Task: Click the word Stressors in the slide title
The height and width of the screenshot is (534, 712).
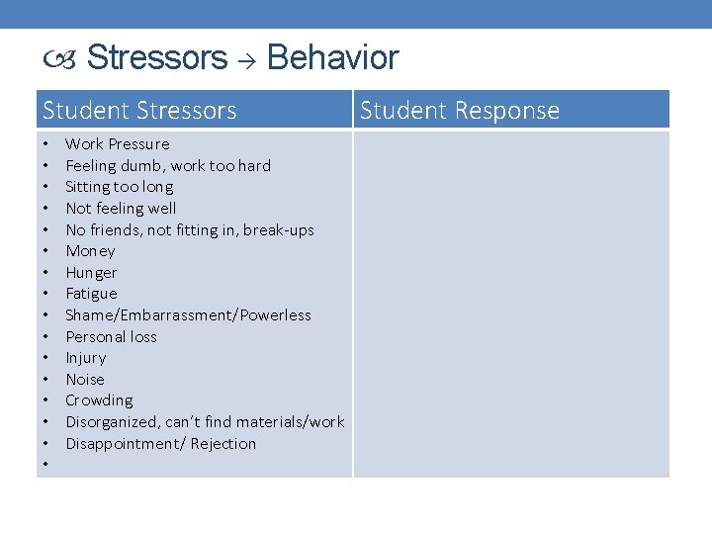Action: [157, 58]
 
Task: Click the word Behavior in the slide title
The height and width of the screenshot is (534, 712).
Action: [332, 58]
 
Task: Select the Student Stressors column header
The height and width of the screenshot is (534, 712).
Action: [139, 110]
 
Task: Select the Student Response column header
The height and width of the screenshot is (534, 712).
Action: [460, 110]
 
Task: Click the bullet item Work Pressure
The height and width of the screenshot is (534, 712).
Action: [117, 144]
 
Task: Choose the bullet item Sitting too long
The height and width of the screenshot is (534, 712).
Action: [119, 187]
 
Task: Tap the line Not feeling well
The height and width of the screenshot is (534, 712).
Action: [121, 208]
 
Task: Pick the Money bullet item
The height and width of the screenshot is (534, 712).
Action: [90, 251]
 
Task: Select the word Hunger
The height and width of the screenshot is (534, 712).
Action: [91, 273]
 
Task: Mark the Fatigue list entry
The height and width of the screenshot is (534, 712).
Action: [91, 294]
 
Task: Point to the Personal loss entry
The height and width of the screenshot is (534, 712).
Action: [111, 337]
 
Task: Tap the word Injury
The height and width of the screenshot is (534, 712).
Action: [85, 358]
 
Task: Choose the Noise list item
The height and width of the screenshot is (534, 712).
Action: [84, 380]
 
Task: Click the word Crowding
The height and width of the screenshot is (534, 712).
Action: [99, 400]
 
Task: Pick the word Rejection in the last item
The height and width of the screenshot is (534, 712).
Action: [222, 444]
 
